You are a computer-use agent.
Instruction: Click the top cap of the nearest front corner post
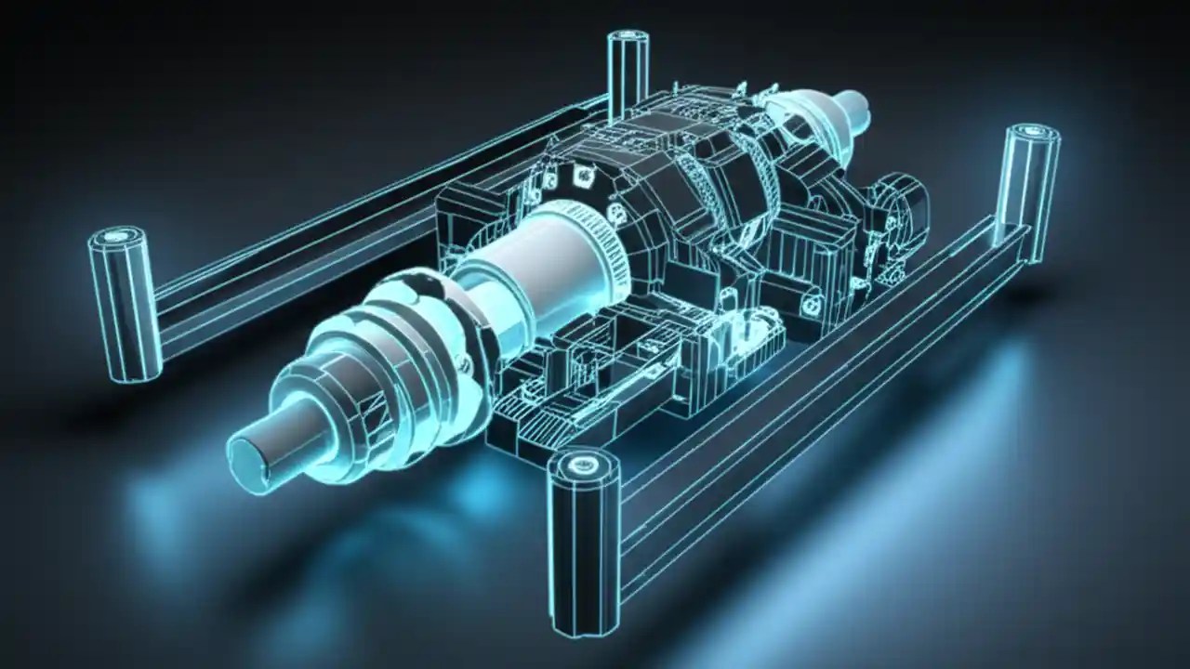click(x=584, y=466)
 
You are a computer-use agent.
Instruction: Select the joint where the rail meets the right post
click(x=1009, y=237)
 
